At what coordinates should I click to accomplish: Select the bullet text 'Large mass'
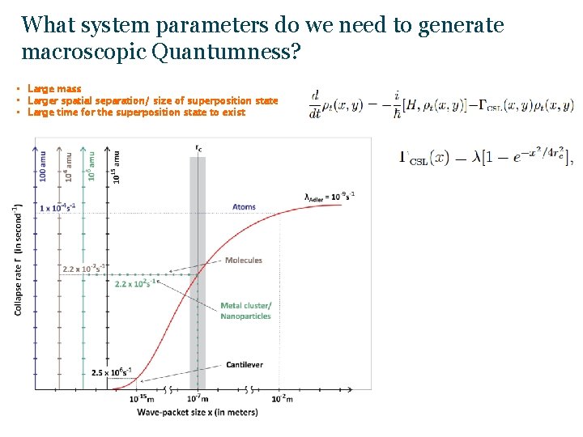tap(54, 88)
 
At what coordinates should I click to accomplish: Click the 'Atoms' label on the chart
tap(244, 207)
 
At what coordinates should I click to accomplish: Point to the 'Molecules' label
tap(244, 261)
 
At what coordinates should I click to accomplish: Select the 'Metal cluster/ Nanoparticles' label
tap(246, 311)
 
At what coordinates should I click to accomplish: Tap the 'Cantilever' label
tap(245, 365)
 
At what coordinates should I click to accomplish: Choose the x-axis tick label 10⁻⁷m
tap(198, 399)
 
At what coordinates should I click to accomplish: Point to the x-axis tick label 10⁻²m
tap(281, 399)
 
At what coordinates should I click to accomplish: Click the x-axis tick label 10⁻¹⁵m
tap(143, 399)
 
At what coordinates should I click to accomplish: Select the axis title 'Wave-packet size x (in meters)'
tap(197, 413)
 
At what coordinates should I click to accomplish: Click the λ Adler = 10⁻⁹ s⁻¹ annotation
tap(330, 195)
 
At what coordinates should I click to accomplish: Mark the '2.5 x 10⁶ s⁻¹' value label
tap(112, 372)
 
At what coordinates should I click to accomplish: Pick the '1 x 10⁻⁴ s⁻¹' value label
tap(58, 208)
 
